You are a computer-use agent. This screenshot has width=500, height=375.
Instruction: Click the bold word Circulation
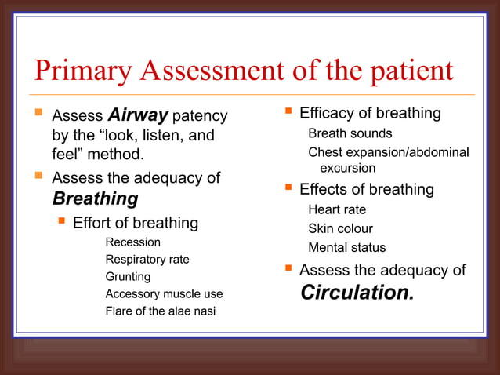(357, 293)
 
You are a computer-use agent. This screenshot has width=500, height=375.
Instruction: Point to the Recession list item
(132, 242)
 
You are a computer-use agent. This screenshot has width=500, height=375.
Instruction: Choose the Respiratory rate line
(147, 259)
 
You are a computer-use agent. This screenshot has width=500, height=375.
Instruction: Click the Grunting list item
(129, 276)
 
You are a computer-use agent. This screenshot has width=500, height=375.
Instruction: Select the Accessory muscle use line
(164, 294)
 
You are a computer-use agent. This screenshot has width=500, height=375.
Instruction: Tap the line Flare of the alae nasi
(160, 311)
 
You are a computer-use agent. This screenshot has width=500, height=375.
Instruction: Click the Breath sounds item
(350, 133)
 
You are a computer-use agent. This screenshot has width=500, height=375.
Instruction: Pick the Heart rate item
(337, 209)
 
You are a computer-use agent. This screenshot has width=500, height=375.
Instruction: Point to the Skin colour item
(340, 228)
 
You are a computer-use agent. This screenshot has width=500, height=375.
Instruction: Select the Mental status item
(346, 247)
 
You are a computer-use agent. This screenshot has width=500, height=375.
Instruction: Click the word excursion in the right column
(347, 168)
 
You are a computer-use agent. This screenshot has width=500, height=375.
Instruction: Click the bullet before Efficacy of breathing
(288, 112)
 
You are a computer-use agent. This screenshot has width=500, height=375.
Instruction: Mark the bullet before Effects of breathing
(288, 188)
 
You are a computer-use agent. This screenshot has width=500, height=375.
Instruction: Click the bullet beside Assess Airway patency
(39, 115)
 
